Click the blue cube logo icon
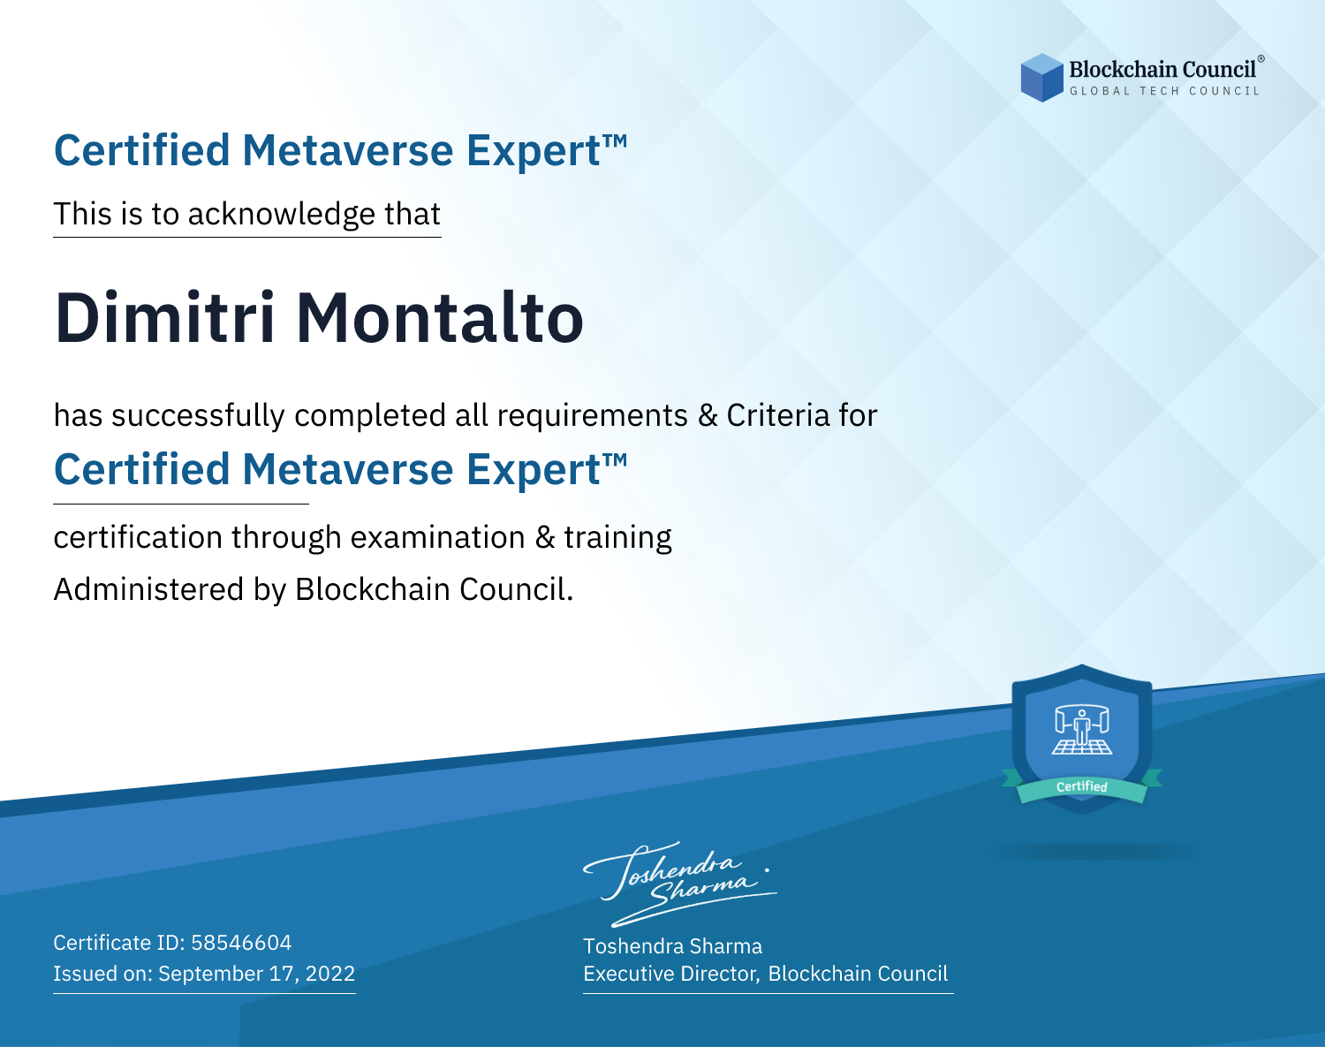point(1041,78)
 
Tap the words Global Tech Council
point(1165,91)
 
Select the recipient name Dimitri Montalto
point(319,318)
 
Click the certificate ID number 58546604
point(241,943)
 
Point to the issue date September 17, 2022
point(257,974)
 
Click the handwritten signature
point(680,884)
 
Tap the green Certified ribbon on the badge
point(1082,786)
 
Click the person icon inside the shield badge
point(1082,728)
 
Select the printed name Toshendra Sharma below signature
point(673,946)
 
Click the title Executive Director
point(670,974)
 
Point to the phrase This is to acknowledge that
point(247,215)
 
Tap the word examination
point(438,537)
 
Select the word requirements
point(593,416)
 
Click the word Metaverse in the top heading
point(348,150)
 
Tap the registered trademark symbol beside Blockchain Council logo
point(1261,58)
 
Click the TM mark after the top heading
point(615,140)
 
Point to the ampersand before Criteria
point(708,415)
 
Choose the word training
point(618,538)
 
